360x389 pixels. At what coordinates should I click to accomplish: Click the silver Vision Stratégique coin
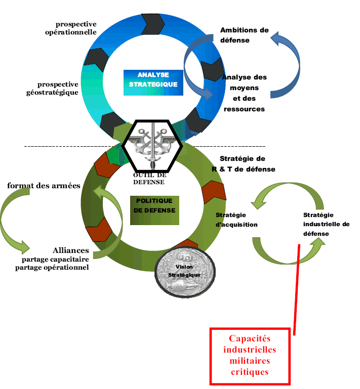pyautogui.click(x=184, y=271)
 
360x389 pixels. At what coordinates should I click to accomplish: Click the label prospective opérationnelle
pyautogui.click(x=76, y=28)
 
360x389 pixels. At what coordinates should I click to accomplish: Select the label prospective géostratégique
pyautogui.click(x=58, y=89)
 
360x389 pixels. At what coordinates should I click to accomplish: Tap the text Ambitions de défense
pyautogui.click(x=244, y=35)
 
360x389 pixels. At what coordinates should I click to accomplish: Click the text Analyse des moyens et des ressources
pyautogui.click(x=244, y=93)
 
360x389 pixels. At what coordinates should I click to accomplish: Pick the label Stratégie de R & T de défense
pyautogui.click(x=243, y=163)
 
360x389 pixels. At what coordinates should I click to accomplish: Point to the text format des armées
pyautogui.click(x=44, y=186)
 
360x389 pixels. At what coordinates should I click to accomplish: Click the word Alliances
pyautogui.click(x=71, y=250)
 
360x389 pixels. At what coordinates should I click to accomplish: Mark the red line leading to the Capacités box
pyautogui.click(x=297, y=288)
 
